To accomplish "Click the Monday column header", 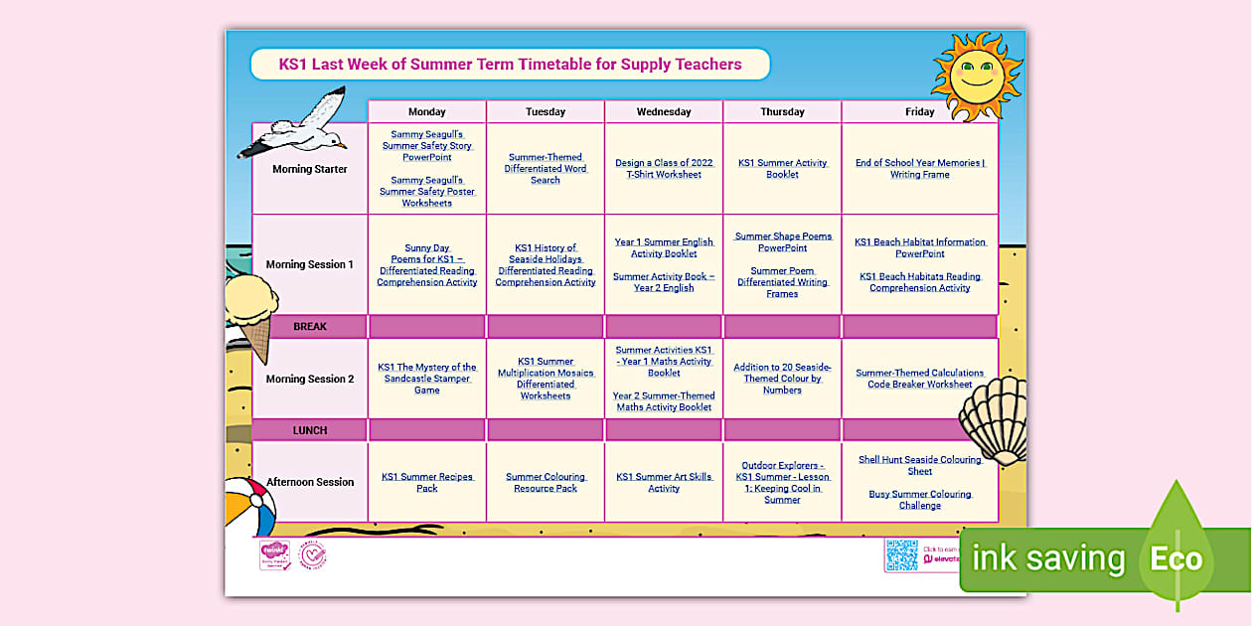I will [x=426, y=111].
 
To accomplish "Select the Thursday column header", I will [x=782, y=111].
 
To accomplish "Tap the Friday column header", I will [x=919, y=111].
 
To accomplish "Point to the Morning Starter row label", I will [x=310, y=169].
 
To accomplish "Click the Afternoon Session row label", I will [x=310, y=482].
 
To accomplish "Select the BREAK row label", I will [x=310, y=326].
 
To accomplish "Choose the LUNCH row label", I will [x=310, y=430].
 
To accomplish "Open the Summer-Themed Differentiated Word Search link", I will [x=545, y=169].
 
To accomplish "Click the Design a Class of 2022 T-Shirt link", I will [x=664, y=169].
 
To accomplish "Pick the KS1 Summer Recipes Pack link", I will [x=426, y=482].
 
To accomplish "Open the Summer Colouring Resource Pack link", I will [x=545, y=482].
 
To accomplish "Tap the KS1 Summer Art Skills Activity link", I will [x=664, y=482].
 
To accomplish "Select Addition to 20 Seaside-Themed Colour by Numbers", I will [x=782, y=379].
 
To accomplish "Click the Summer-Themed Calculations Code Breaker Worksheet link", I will [x=919, y=379].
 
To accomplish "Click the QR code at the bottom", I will [x=901, y=555].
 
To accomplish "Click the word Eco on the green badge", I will [x=1175, y=558].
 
